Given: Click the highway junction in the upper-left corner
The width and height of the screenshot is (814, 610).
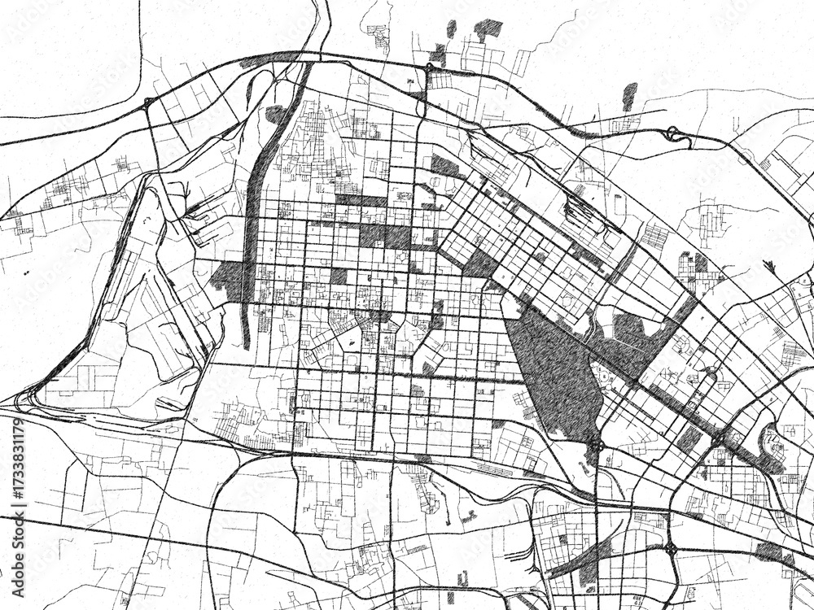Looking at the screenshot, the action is (x=149, y=102).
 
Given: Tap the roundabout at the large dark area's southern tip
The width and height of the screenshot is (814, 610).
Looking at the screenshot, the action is (x=597, y=445).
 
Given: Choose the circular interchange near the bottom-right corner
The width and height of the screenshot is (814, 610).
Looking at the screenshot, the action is (x=671, y=550).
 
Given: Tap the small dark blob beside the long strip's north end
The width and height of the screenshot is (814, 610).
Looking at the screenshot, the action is (x=275, y=114).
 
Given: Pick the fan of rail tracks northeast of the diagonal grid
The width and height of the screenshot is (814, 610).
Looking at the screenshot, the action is (x=582, y=213).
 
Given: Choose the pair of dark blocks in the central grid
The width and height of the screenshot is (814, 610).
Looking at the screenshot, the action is (x=384, y=236).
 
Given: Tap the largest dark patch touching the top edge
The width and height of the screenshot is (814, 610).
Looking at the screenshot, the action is (x=487, y=28).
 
